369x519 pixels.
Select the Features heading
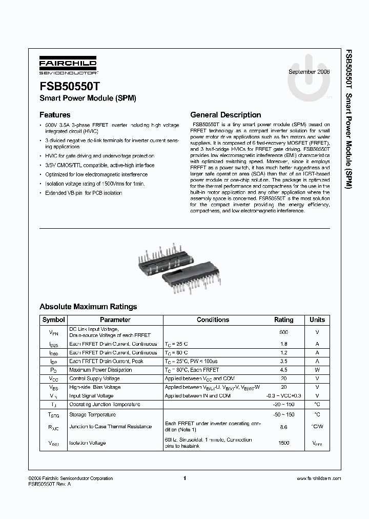click(x=55, y=115)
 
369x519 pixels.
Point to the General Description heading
click(x=225, y=115)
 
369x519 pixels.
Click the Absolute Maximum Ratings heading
click(x=88, y=307)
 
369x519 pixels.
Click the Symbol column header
click(x=53, y=320)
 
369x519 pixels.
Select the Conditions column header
click(x=213, y=320)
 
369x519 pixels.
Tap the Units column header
click(x=317, y=320)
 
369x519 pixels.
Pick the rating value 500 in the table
click(x=283, y=332)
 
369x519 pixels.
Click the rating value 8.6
click(x=283, y=427)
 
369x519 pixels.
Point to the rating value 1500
click(x=283, y=443)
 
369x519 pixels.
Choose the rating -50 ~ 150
click(x=283, y=414)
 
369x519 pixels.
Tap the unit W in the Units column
click(x=317, y=370)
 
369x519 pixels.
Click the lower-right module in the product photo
click(x=194, y=276)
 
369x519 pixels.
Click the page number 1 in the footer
click(x=184, y=478)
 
